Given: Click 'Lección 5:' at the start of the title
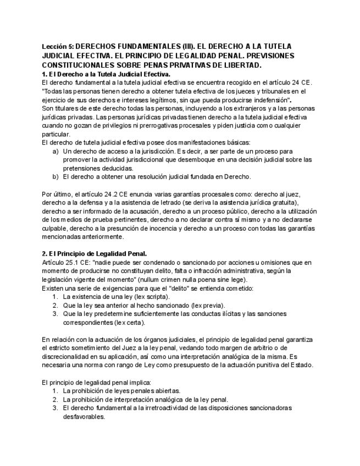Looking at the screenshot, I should (57, 46).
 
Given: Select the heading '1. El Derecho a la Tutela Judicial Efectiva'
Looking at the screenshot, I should (106, 74).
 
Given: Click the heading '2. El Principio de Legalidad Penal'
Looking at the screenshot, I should (94, 254).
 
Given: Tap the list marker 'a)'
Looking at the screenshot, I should (56, 151).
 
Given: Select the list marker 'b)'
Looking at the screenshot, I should (56, 176).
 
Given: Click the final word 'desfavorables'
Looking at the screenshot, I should (84, 417).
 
